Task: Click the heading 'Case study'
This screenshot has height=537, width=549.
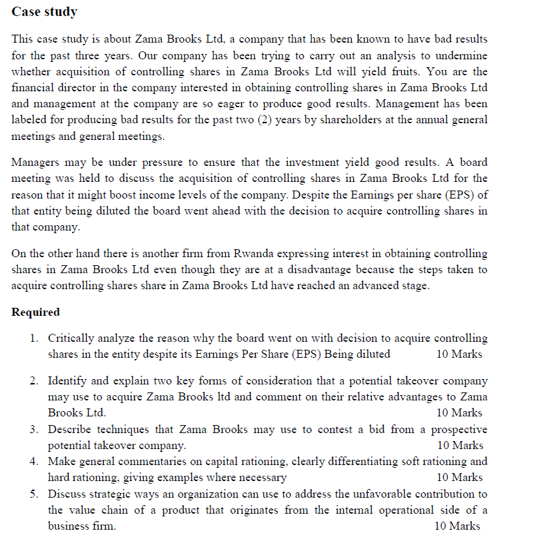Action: click(x=45, y=12)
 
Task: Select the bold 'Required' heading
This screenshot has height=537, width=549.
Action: click(x=36, y=312)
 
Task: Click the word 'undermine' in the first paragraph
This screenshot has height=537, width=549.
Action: click(x=461, y=55)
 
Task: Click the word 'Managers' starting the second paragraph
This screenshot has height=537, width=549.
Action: click(x=37, y=163)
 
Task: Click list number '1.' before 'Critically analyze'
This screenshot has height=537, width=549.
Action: click(x=35, y=338)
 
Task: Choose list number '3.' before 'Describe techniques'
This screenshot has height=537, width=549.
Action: click(x=35, y=429)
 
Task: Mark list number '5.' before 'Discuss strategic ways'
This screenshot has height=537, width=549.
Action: click(x=35, y=494)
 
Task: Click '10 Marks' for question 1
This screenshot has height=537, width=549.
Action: click(x=459, y=354)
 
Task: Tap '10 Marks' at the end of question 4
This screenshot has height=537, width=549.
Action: click(x=459, y=477)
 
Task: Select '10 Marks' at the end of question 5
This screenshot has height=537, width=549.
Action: click(x=456, y=526)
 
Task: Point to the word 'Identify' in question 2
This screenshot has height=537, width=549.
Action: click(x=67, y=381)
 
